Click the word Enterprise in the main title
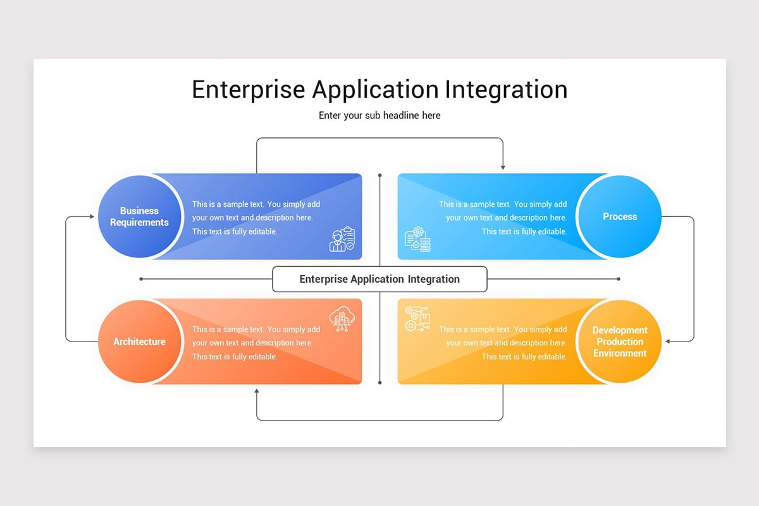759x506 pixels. click(x=249, y=90)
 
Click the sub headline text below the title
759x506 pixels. click(x=379, y=116)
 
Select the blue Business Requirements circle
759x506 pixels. click(x=139, y=217)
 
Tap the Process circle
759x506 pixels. click(x=620, y=217)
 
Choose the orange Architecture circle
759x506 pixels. click(x=139, y=342)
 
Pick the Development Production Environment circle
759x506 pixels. click(x=620, y=342)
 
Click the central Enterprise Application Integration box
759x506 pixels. click(x=379, y=279)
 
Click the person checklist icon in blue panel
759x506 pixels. click(x=342, y=240)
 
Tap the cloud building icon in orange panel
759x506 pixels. click(x=342, y=319)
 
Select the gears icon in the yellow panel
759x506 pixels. click(x=417, y=319)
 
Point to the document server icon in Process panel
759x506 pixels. click(x=417, y=240)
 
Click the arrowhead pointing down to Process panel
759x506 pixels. click(x=503, y=167)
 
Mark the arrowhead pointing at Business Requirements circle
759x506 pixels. click(x=91, y=217)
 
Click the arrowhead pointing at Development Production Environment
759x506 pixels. click(x=668, y=342)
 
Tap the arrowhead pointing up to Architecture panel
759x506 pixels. click(x=257, y=392)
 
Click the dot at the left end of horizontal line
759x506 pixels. click(x=141, y=279)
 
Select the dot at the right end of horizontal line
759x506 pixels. click(x=618, y=279)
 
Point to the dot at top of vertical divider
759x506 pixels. click(x=379, y=175)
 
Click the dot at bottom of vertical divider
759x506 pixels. click(x=379, y=383)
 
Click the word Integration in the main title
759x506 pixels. click(x=506, y=90)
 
